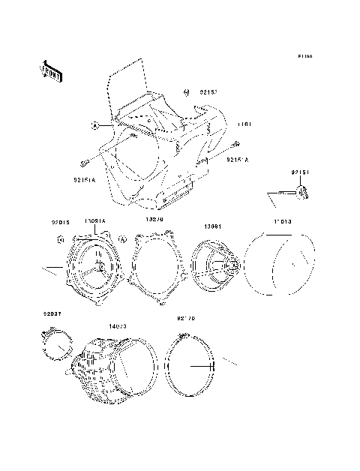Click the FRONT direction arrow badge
50,70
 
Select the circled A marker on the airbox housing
95,124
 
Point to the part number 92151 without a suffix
300,173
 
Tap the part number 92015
60,222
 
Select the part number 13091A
95,221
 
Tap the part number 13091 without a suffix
212,226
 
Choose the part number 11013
281,223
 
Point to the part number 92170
185,318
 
